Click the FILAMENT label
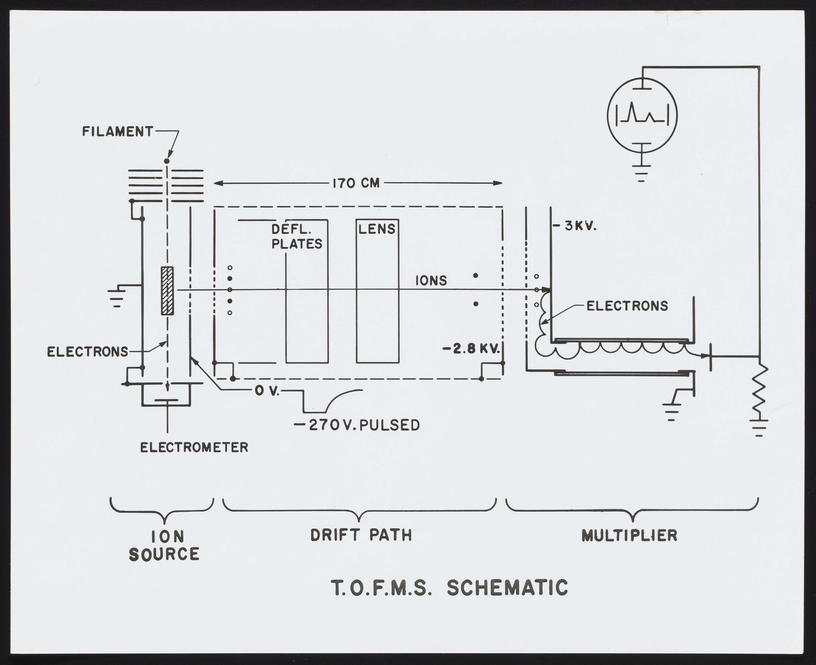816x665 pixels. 118,132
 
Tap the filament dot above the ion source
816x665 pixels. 167,161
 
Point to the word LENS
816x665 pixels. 377,229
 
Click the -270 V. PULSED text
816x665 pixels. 356,425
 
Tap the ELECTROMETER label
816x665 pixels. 194,447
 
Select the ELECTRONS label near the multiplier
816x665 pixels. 627,306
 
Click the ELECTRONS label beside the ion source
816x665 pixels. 87,352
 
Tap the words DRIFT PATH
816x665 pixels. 361,535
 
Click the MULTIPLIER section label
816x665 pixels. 629,535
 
